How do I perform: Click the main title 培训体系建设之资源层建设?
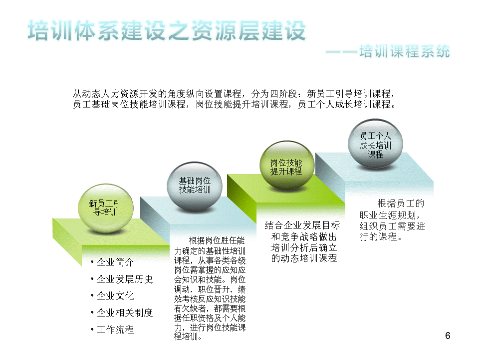167,30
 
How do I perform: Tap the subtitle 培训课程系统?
405,51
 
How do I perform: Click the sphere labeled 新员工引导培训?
105,208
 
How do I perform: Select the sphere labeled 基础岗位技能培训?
195,186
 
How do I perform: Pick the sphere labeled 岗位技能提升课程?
287,165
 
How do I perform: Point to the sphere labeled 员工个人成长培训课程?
375,144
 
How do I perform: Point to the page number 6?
448,335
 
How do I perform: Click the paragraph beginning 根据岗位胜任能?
210,288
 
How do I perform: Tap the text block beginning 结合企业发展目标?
302,242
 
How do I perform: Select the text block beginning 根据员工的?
392,220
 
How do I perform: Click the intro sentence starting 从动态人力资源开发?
235,99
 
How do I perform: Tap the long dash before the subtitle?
341,52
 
